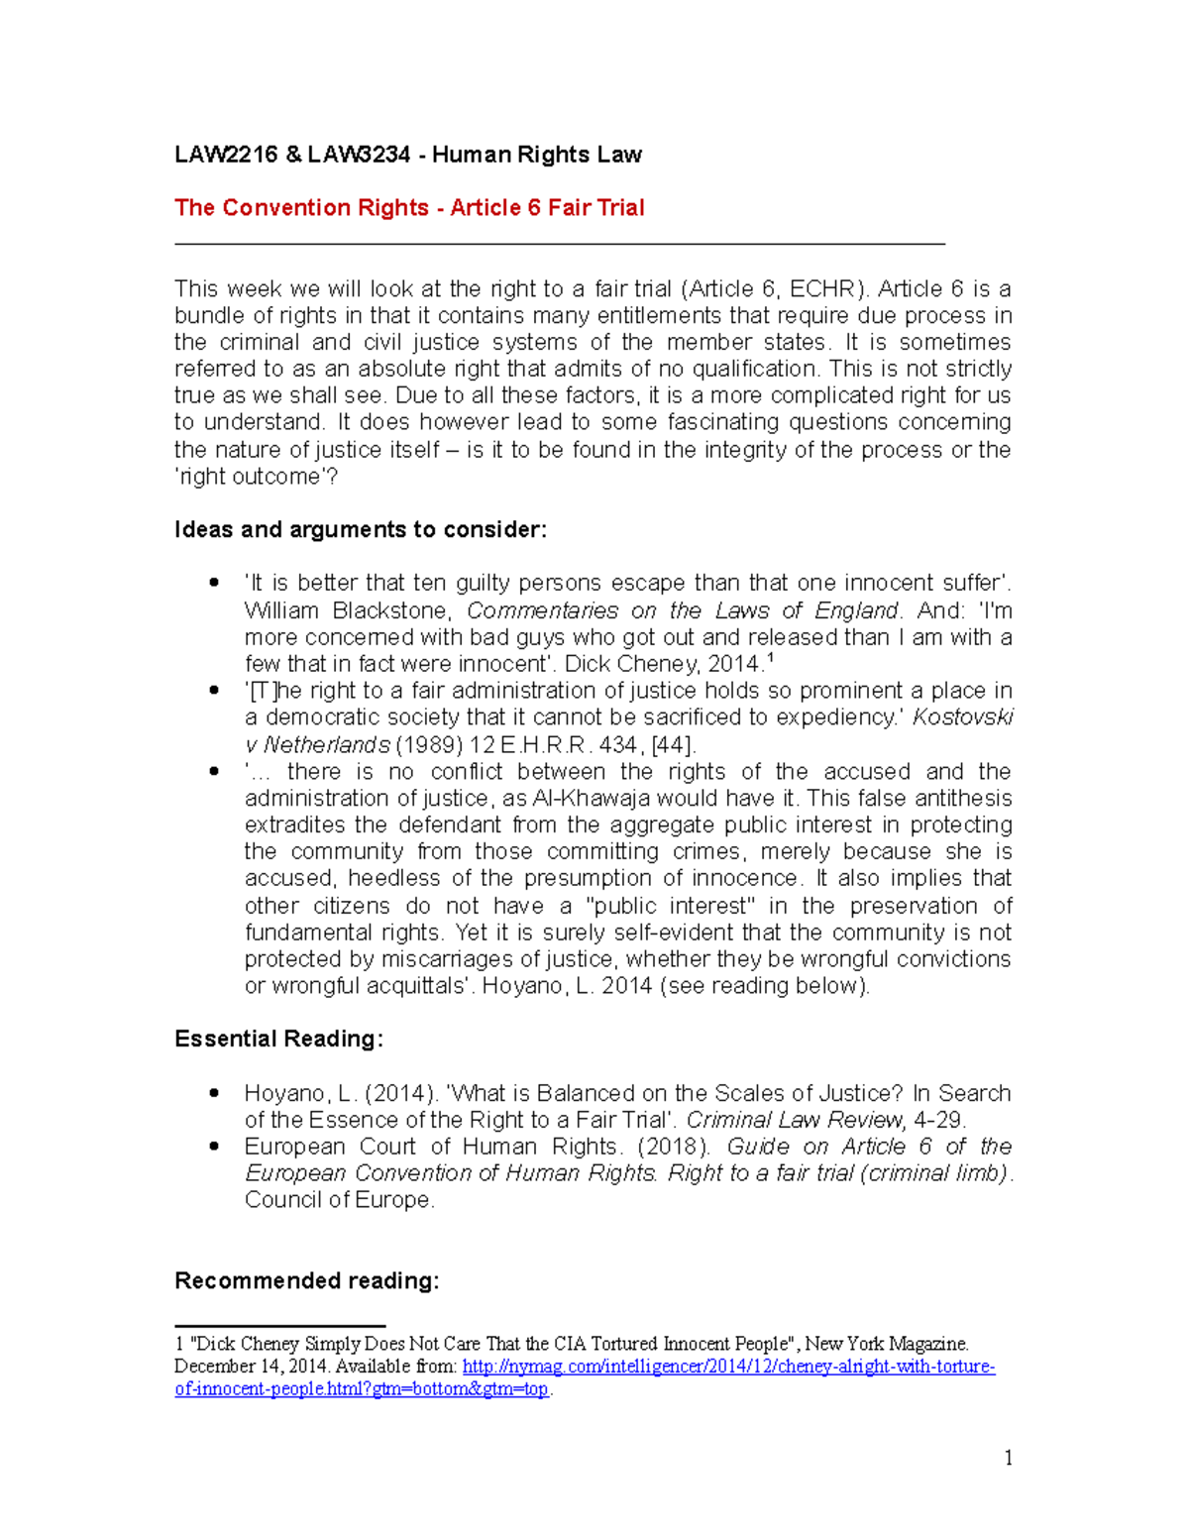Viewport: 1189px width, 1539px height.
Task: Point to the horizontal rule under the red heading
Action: (x=560, y=243)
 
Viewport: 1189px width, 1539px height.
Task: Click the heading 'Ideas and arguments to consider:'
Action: (x=361, y=530)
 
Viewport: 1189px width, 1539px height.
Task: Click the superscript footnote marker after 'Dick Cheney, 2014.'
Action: (x=771, y=658)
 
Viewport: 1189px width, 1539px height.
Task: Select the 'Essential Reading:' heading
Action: (x=278, y=1039)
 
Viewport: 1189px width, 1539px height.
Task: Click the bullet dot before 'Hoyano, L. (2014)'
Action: (x=214, y=1092)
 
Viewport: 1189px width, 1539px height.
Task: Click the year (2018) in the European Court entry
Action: (x=674, y=1147)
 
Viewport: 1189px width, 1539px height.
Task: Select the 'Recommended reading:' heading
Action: (x=307, y=1281)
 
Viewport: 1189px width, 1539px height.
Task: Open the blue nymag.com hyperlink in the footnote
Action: (x=728, y=1368)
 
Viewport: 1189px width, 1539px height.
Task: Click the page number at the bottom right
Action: (x=1008, y=1458)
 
